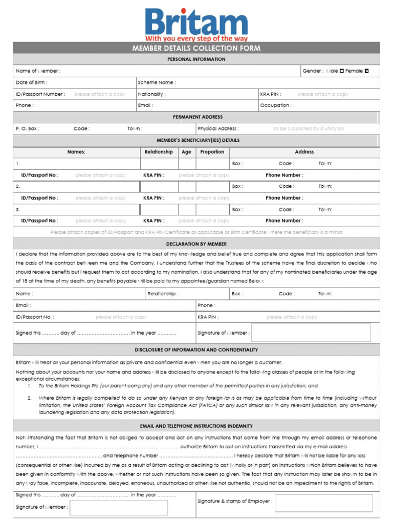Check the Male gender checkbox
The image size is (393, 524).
point(342,71)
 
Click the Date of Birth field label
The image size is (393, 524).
point(32,82)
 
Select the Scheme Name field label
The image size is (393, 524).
point(157,82)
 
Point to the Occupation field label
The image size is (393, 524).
point(276,105)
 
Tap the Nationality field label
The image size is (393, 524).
point(151,94)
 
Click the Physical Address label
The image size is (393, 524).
point(218,128)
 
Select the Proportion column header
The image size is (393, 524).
point(212,152)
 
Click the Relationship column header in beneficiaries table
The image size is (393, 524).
point(159,152)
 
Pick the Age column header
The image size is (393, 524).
point(186,152)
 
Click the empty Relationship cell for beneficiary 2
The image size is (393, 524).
point(159,187)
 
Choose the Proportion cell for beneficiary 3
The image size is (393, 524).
point(212,209)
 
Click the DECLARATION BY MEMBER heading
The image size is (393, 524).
point(196,244)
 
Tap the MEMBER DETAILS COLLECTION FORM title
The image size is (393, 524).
point(196,48)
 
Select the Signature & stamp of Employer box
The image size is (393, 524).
point(323,503)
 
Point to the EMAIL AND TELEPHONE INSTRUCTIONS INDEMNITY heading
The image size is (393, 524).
point(196,426)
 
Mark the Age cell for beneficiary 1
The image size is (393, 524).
point(186,164)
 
